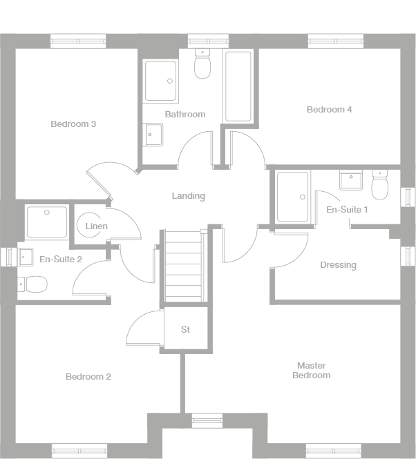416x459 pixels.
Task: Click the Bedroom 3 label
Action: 73,124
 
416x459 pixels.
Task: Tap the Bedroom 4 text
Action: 329,109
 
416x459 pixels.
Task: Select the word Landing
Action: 189,196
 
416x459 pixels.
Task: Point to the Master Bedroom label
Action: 311,371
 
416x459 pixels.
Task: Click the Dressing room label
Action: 338,265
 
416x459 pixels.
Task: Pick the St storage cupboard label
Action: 185,330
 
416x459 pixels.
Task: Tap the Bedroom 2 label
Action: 88,377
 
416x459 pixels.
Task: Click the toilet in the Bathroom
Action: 202,65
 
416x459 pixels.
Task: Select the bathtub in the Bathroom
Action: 238,86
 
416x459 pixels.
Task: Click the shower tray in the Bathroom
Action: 160,80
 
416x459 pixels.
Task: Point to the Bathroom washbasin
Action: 152,135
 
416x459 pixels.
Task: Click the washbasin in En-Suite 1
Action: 351,181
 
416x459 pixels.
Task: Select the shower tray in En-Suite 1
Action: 292,197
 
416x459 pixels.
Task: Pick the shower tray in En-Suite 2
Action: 47,222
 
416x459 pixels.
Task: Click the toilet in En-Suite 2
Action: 32,283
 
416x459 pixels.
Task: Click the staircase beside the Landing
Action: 185,266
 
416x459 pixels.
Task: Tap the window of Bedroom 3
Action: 79,41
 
